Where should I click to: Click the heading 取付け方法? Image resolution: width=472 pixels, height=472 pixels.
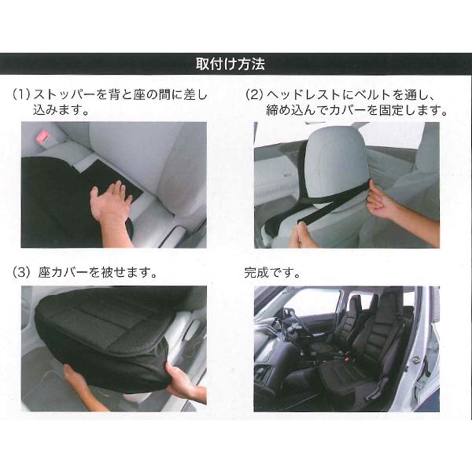(230, 64)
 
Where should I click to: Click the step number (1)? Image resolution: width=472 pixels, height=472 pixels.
(21, 94)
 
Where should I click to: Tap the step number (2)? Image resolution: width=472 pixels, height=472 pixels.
(254, 94)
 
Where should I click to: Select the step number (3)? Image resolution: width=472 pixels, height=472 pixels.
(21, 273)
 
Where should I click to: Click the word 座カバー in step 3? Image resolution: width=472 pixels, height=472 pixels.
(64, 273)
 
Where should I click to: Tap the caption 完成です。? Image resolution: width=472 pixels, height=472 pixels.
(272, 273)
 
